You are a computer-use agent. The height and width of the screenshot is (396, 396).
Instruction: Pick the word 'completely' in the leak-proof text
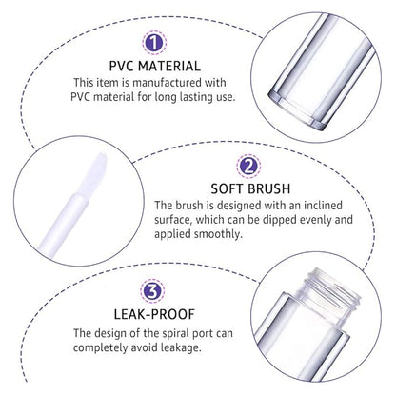109,349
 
